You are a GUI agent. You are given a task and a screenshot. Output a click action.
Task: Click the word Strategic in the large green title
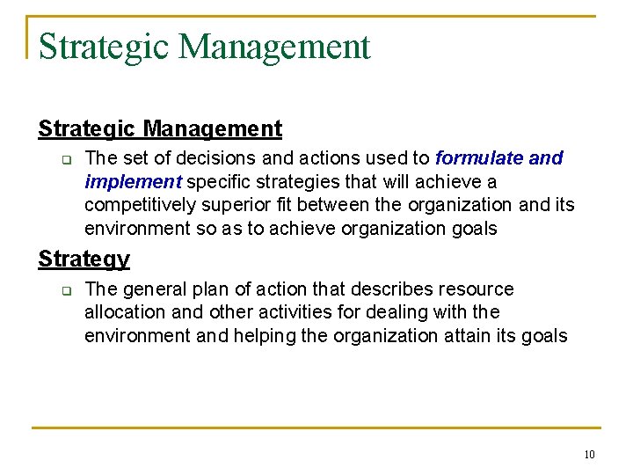click(x=104, y=46)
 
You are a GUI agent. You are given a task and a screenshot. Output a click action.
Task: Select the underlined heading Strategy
click(x=84, y=259)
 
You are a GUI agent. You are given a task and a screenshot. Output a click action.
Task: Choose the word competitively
click(x=137, y=205)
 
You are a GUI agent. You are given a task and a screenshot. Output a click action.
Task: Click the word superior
click(x=228, y=205)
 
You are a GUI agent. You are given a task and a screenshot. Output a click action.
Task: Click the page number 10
click(x=588, y=455)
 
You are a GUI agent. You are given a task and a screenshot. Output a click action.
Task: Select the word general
click(x=152, y=289)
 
